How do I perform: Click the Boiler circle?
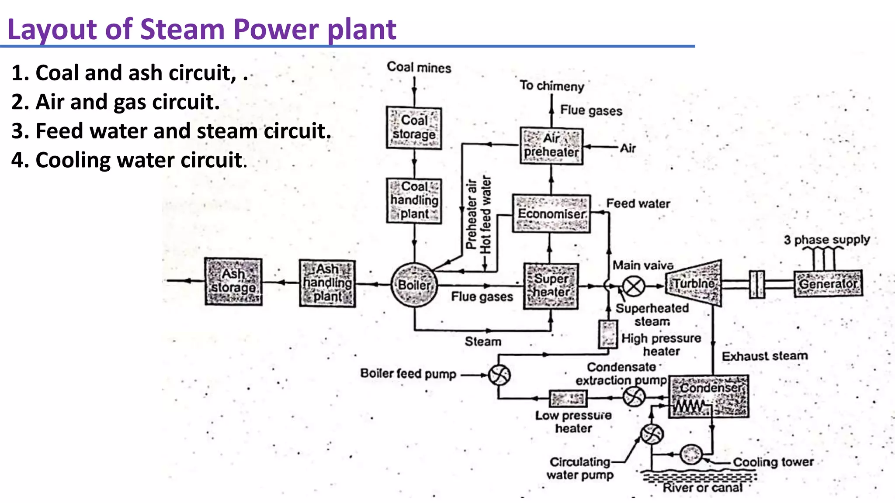pyautogui.click(x=414, y=285)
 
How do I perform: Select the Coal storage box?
pyautogui.click(x=414, y=127)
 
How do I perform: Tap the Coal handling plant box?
pyautogui.click(x=414, y=200)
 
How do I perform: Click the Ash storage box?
pyautogui.click(x=233, y=281)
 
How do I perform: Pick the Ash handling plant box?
pyautogui.click(x=327, y=283)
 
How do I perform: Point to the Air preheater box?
pyautogui.click(x=551, y=146)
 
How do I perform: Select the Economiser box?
pyautogui.click(x=551, y=214)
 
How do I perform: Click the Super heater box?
pyautogui.click(x=551, y=286)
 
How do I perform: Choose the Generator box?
pyautogui.click(x=828, y=284)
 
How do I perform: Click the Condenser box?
pyautogui.click(x=709, y=396)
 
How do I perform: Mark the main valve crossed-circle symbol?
pyautogui.click(x=633, y=286)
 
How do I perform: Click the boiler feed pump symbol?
pyautogui.click(x=499, y=375)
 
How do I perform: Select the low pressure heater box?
pyautogui.click(x=568, y=398)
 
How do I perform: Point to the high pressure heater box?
pyautogui.click(x=607, y=334)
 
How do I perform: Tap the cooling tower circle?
pyautogui.click(x=691, y=454)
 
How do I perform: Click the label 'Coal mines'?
pyautogui.click(x=419, y=67)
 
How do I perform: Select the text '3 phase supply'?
pyautogui.click(x=826, y=240)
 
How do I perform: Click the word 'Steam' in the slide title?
pyautogui.click(x=183, y=29)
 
